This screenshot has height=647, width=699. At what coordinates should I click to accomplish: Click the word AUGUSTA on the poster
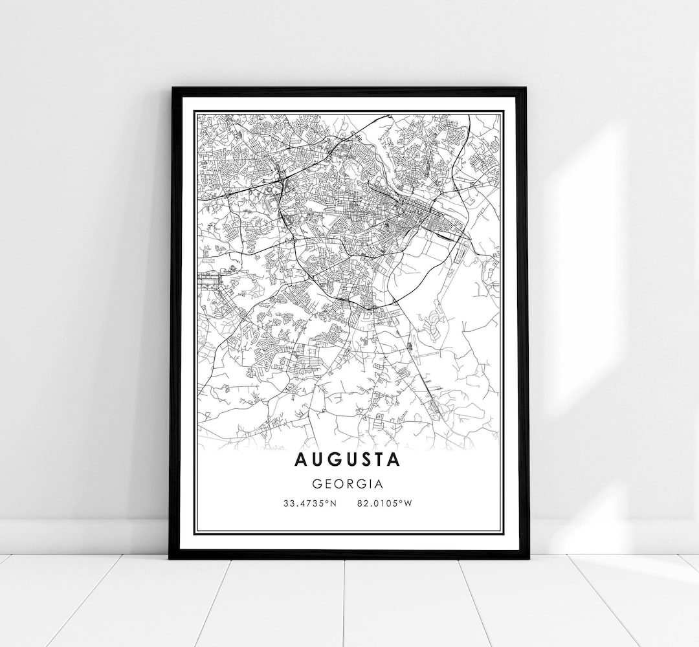(348, 460)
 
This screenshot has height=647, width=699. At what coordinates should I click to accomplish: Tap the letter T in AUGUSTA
(379, 460)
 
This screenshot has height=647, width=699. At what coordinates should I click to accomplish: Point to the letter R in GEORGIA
(351, 483)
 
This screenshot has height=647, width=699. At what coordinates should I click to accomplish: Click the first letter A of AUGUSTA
(301, 460)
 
